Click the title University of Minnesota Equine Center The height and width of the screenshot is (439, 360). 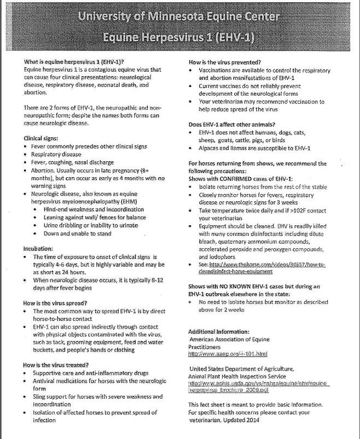click(179, 17)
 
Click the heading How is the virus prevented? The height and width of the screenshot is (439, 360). click(224, 62)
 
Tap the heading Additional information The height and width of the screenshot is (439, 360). click(219, 331)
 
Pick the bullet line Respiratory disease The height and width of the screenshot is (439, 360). click(57, 155)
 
